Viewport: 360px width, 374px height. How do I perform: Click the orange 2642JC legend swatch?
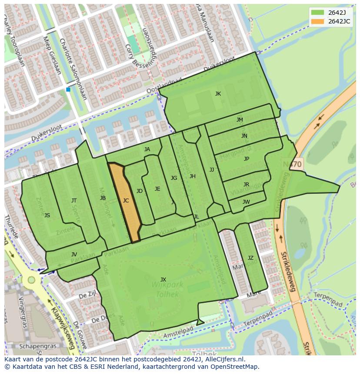[318, 21]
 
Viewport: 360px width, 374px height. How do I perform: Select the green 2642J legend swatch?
[318, 13]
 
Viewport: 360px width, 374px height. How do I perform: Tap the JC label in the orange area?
[126, 201]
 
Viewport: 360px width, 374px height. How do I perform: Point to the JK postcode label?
[218, 94]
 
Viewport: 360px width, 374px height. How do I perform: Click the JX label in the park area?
[163, 279]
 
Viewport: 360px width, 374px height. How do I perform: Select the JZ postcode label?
[250, 258]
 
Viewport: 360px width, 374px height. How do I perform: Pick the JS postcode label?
[47, 215]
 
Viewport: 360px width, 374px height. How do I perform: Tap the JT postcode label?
[74, 201]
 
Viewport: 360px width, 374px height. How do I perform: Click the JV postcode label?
[74, 255]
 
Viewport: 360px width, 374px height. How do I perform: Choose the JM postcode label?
[240, 120]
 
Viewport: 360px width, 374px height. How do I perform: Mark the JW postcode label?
[246, 202]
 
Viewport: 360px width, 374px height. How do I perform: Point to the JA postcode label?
[147, 149]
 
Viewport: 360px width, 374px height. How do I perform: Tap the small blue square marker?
[68, 89]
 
